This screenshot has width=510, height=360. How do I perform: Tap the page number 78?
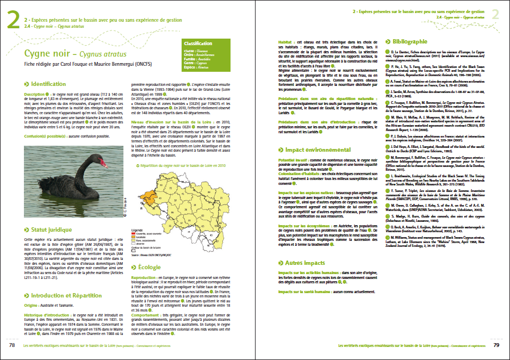[11, 345]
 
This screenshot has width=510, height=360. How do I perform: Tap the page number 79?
[496, 345]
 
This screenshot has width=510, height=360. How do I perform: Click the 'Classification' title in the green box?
[198, 43]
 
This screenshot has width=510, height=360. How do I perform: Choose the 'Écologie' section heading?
[149, 266]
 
